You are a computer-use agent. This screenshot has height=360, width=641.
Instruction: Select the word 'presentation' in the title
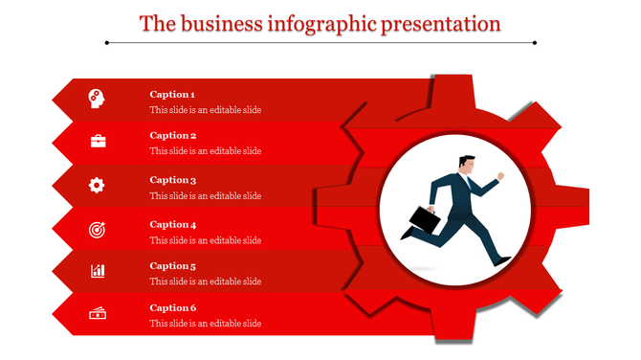[441, 23]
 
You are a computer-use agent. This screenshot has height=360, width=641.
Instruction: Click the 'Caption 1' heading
[173, 94]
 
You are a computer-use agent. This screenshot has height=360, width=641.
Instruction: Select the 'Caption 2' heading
[173, 136]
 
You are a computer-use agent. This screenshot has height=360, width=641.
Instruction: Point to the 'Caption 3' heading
[173, 180]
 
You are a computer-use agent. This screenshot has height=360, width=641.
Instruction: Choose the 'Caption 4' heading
[173, 224]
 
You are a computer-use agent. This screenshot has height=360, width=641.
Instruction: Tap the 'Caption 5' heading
[173, 266]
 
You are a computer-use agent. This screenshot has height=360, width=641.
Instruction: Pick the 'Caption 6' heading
[173, 308]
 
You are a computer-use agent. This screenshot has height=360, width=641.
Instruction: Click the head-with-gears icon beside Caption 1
[98, 98]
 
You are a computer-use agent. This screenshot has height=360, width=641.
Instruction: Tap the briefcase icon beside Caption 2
[98, 141]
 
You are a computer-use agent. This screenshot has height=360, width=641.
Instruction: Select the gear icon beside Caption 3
[98, 185]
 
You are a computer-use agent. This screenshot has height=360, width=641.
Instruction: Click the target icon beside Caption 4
[98, 229]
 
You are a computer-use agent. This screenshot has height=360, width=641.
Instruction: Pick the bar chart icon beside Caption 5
[98, 271]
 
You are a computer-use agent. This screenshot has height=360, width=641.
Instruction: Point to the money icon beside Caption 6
[98, 313]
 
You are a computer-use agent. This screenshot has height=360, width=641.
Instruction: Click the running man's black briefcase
[423, 220]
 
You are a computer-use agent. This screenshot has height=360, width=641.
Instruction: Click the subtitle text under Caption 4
[205, 240]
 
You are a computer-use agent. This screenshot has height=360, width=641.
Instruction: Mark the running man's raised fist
[500, 176]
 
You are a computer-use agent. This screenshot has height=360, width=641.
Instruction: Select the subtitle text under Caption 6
[205, 324]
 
